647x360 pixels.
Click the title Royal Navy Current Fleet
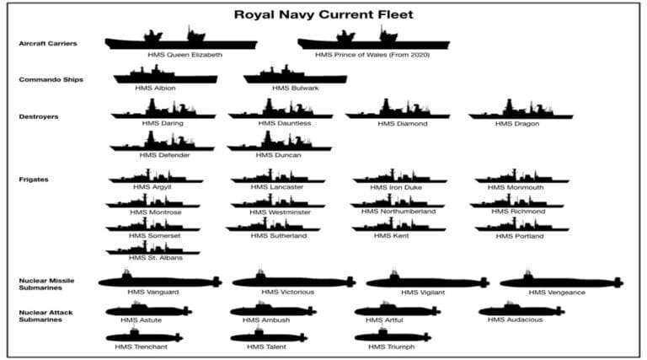323,15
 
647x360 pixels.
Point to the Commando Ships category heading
51,80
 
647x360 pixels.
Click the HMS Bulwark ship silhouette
295,74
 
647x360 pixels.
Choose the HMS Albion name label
155,88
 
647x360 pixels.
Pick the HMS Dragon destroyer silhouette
521,109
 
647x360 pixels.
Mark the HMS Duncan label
279,155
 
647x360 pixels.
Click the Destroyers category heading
39,117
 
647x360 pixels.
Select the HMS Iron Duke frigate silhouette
400,176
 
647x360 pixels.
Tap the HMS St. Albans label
156,258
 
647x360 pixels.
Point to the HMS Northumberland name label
398,212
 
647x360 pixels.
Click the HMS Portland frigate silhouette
522,224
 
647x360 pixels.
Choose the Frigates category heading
34,180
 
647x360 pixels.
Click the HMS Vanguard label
153,292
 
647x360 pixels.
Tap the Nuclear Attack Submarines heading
45,316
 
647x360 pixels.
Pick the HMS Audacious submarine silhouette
521,309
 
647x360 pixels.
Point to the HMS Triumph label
392,347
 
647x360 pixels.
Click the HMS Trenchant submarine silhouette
144,335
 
